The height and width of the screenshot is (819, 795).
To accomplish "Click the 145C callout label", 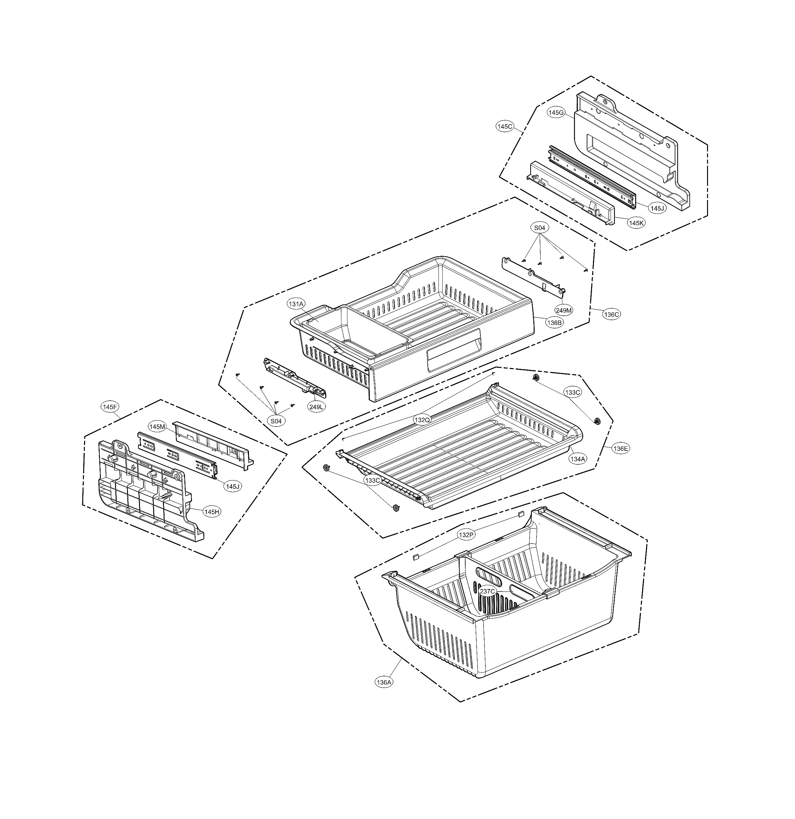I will pyautogui.click(x=504, y=126).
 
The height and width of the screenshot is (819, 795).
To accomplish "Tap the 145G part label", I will pyautogui.click(x=556, y=112).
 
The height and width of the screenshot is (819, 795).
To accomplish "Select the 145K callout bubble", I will pyautogui.click(x=636, y=223).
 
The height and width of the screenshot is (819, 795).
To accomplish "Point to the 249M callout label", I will pyautogui.click(x=564, y=310).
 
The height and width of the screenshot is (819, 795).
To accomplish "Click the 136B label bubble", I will pyautogui.click(x=554, y=323).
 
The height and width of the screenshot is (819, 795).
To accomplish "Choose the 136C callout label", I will pyautogui.click(x=611, y=315).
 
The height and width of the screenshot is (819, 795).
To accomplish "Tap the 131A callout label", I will pyautogui.click(x=296, y=304).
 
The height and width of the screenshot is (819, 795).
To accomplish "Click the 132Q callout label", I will pyautogui.click(x=422, y=420).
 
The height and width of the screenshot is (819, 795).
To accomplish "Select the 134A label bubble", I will pyautogui.click(x=578, y=459).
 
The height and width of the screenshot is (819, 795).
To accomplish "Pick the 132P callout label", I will pyautogui.click(x=466, y=535).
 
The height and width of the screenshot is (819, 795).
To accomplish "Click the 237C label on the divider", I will pyautogui.click(x=487, y=591).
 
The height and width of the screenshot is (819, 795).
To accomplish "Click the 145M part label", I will pyautogui.click(x=157, y=427).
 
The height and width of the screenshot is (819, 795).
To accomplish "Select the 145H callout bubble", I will pyautogui.click(x=212, y=512).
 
